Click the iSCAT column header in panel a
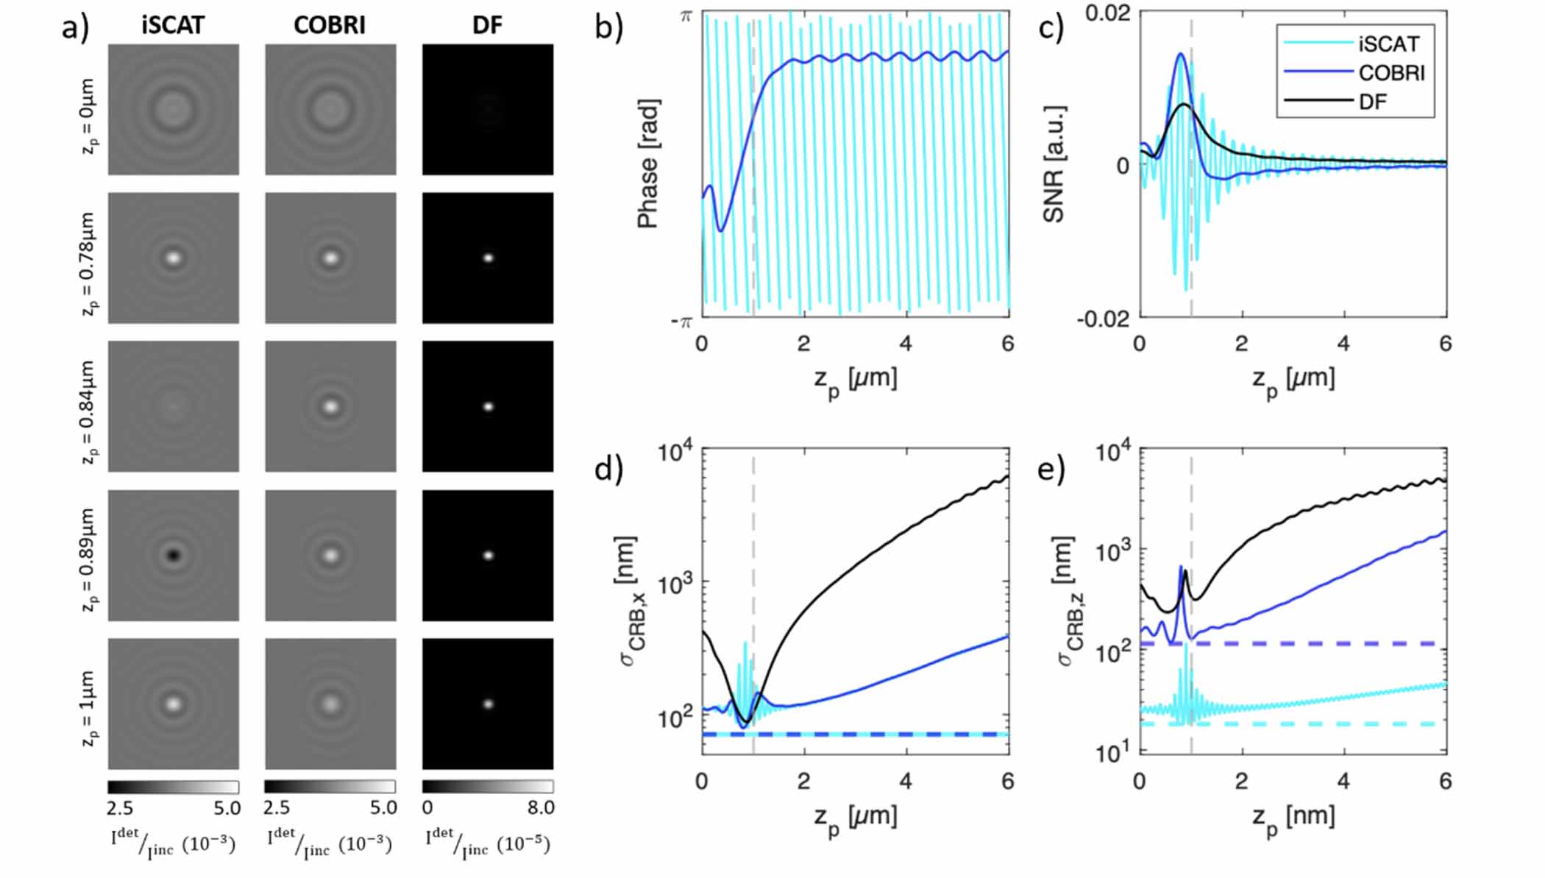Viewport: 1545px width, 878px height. pos(173,25)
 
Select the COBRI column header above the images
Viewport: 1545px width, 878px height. pos(330,25)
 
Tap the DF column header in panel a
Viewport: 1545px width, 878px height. pos(487,25)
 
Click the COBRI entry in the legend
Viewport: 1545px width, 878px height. pos(1391,73)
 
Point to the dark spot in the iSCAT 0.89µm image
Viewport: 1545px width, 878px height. pos(174,555)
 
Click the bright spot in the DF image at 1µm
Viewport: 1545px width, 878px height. pos(488,704)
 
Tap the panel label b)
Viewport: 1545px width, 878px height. pos(608,27)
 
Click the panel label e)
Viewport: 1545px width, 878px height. pos(1051,469)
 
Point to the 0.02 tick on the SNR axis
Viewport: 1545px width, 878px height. pos(1107,14)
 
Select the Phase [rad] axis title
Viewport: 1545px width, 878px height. pos(647,163)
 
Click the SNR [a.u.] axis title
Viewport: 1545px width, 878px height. pos(1054,163)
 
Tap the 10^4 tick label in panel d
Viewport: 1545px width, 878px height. pos(675,452)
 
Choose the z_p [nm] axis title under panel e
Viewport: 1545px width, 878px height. pos(1293,817)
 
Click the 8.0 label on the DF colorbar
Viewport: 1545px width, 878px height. pos(541,808)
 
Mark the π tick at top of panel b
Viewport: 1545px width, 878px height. pos(685,15)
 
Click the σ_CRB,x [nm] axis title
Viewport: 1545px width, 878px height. pos(633,600)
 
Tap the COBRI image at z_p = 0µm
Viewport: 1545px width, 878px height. pos(330,110)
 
